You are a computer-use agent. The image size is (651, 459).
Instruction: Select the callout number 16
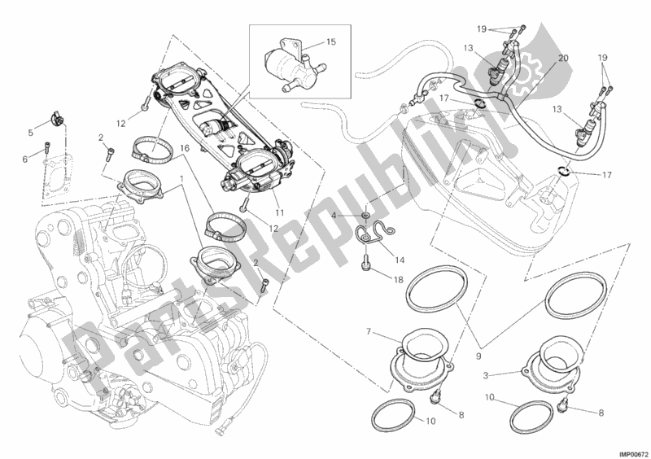click(184, 149)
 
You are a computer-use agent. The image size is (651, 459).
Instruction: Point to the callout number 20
click(564, 59)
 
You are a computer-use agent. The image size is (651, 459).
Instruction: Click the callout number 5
click(31, 133)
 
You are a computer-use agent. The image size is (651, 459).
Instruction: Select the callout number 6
click(24, 160)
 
